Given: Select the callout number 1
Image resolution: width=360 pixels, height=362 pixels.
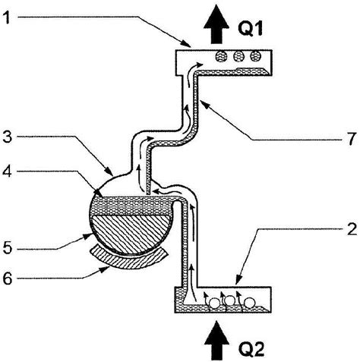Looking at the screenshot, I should [x=8, y=17].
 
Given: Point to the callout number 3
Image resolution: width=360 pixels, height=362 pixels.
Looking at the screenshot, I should [x=8, y=137].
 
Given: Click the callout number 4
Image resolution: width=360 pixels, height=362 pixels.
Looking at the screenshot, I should [x=8, y=174].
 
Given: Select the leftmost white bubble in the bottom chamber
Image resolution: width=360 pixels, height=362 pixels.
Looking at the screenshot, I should [x=215, y=302].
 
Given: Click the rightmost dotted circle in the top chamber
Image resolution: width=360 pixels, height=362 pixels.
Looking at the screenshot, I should [x=259, y=56].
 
